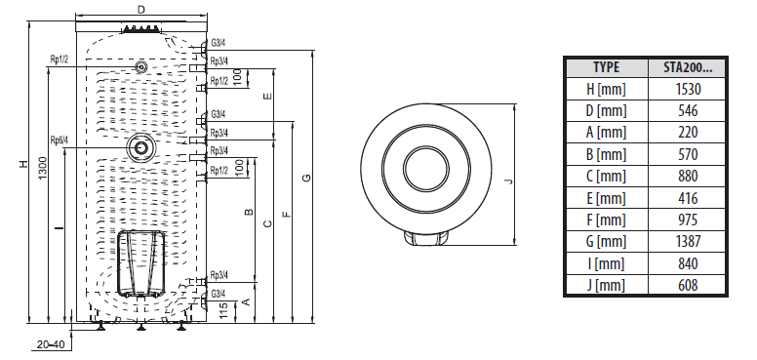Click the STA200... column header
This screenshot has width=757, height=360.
click(687, 67)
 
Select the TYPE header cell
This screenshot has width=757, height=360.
click(607, 67)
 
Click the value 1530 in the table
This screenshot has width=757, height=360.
click(688, 89)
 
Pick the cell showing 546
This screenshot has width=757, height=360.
click(688, 110)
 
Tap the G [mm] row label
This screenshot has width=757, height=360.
click(606, 241)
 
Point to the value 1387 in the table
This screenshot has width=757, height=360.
click(688, 241)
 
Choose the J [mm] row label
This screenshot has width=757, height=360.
click(606, 285)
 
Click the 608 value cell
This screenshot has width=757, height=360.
click(688, 285)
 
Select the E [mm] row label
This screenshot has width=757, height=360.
click(606, 198)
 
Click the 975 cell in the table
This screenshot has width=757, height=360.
click(688, 220)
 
